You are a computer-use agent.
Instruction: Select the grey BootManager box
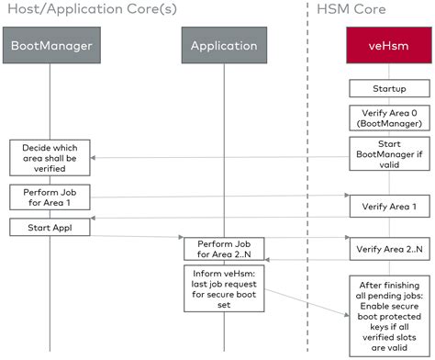[x=51, y=46]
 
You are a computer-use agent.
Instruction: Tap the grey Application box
[x=223, y=46]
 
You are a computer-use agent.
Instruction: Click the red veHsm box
[x=383, y=46]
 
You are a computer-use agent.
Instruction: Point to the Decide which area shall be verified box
[x=50, y=156]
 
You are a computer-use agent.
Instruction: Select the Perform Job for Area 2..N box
[x=223, y=248]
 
